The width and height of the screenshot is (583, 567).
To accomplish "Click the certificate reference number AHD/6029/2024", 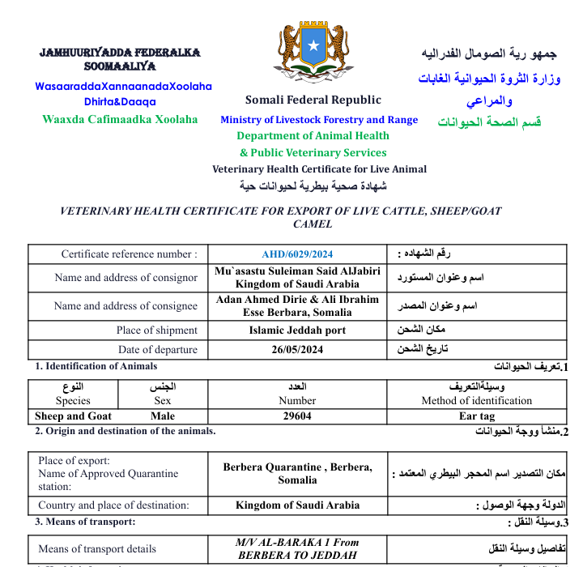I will tap(297, 254).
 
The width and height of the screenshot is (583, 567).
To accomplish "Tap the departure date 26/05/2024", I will tap(297, 350).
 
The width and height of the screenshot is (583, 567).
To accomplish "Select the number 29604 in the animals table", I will tap(297, 416).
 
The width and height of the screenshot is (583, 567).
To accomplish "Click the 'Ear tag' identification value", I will tap(476, 416).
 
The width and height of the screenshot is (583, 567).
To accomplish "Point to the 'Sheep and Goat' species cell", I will tap(73, 416).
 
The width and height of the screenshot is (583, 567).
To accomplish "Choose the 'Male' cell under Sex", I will tap(163, 416).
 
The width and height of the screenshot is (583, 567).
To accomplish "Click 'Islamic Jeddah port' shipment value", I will tap(297, 330).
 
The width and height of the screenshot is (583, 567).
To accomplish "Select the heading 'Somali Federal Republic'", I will tap(313, 100).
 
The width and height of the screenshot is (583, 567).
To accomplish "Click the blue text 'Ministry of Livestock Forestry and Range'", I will tap(319, 120).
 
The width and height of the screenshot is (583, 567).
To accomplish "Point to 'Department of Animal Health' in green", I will tap(313, 136).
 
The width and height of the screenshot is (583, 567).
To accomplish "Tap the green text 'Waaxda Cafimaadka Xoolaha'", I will tap(120, 119).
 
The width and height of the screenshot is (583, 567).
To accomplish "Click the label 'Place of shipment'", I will tap(156, 330).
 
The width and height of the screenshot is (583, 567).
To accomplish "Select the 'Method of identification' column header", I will tap(476, 400).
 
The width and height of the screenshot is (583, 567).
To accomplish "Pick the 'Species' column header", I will tap(73, 400).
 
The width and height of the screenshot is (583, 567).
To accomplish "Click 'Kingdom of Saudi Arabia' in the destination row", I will tap(297, 505).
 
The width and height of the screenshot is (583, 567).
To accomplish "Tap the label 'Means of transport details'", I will tap(97, 548).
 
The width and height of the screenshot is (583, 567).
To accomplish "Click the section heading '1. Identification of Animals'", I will tap(96, 366).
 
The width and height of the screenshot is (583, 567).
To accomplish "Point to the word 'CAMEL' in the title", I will tap(313, 224).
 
